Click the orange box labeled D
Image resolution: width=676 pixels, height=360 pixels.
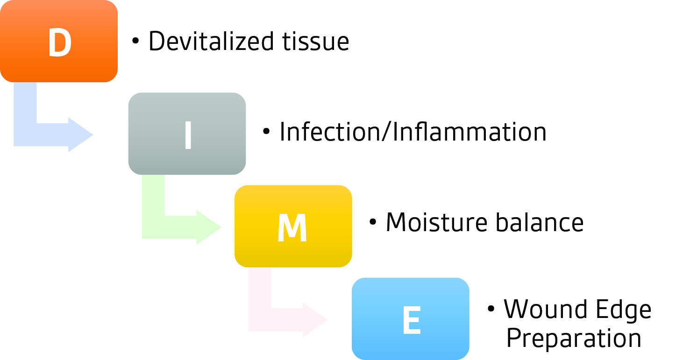[x=59, y=41]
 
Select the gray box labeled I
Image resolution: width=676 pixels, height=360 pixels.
[x=187, y=134]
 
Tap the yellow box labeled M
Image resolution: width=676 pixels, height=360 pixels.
[x=293, y=226]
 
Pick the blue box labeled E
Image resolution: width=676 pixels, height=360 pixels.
[x=411, y=319]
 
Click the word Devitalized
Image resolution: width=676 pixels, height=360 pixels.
[x=211, y=41]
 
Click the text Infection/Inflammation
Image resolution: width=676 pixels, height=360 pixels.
[x=413, y=132]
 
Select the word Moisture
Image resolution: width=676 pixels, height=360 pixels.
[x=437, y=223]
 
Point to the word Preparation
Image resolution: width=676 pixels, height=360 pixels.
[x=574, y=339]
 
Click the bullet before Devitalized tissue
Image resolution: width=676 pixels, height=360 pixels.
[x=135, y=41]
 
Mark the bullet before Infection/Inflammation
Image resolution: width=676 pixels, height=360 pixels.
[x=266, y=131]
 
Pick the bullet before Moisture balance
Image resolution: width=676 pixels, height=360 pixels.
[x=373, y=222]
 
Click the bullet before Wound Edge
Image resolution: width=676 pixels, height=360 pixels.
[x=491, y=309]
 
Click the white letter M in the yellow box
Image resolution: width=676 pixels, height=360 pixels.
[x=292, y=228]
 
